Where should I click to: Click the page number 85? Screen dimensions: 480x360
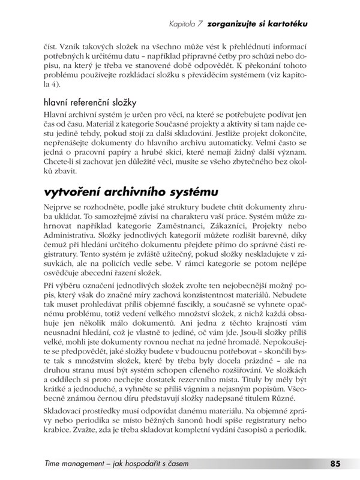coord(335,463)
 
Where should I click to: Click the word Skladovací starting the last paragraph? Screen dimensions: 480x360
coord(65,410)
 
